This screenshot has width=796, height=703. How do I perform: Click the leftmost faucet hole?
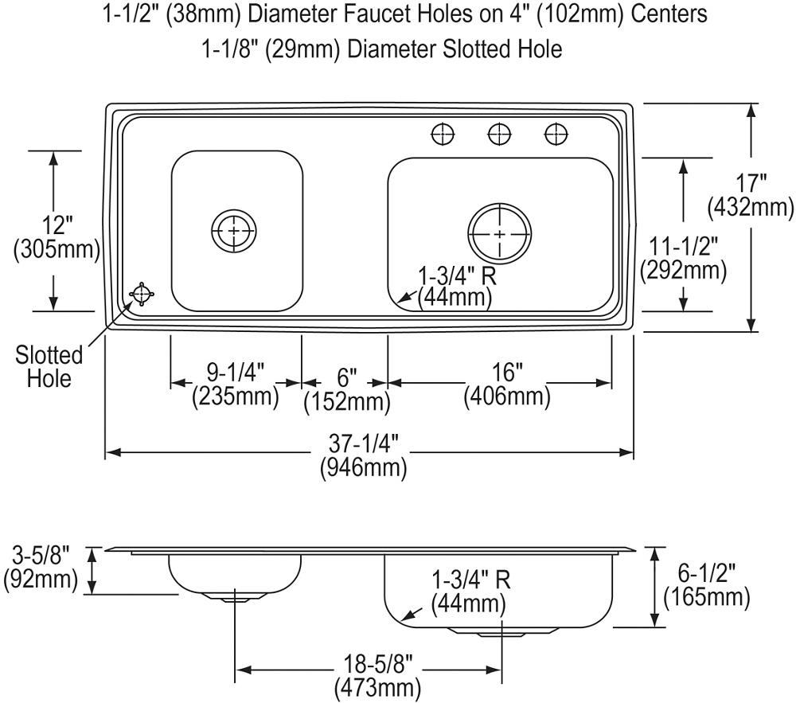click(x=443, y=135)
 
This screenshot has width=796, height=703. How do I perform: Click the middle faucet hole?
click(x=500, y=135)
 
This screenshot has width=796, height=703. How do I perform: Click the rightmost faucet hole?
click(x=556, y=135)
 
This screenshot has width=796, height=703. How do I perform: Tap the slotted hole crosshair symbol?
click(x=142, y=294)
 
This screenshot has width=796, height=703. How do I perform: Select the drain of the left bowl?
click(x=233, y=230)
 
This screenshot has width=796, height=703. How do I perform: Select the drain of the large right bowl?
click(x=500, y=233)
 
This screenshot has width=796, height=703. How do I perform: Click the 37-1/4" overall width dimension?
click(x=363, y=444)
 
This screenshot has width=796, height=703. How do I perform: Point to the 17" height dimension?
click(x=751, y=183)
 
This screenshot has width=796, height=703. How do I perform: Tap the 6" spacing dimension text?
click(x=347, y=377)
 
